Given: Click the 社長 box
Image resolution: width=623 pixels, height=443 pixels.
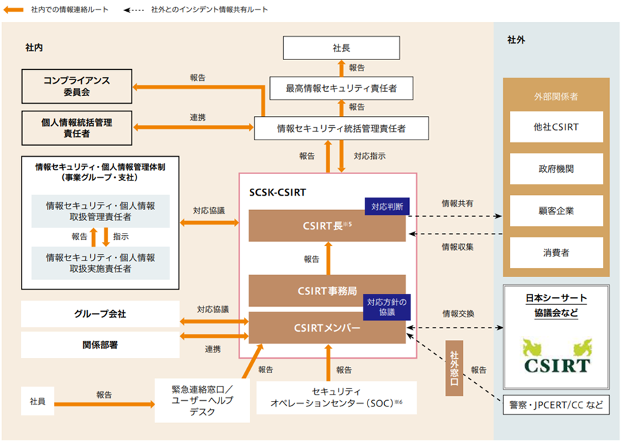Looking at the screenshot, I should (x=341, y=48).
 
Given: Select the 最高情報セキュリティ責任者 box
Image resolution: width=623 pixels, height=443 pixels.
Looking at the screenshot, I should (x=341, y=88).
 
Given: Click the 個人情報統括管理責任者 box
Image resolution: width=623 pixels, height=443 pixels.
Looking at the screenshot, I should (x=77, y=127).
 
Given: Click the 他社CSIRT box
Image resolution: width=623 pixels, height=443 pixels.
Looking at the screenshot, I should (x=557, y=127).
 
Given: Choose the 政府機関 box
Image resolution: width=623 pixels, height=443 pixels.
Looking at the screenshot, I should (x=557, y=169).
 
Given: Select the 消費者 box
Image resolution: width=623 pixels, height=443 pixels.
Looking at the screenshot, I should (x=557, y=253).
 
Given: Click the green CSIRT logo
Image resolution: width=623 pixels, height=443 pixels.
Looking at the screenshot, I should (x=557, y=356).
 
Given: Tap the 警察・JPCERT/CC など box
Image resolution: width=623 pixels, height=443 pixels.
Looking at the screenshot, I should (x=557, y=404).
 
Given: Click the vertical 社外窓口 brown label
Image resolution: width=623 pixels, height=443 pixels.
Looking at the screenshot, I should (x=453, y=368).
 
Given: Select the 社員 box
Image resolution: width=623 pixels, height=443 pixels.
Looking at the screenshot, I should (x=37, y=402).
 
